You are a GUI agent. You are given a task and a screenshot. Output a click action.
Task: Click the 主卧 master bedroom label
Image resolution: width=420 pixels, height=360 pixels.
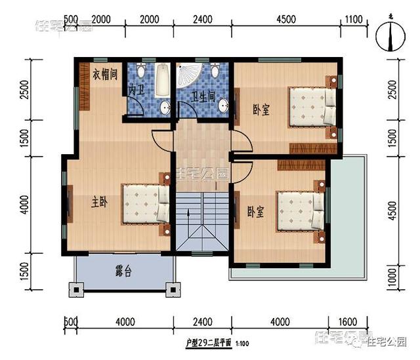99,203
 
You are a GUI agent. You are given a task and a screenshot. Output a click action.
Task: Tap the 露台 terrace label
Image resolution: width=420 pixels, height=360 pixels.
123,271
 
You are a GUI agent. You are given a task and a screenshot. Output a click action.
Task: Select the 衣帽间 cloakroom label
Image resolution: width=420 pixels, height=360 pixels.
105,73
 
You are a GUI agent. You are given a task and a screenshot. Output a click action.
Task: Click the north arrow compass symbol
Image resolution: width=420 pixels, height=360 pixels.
390,37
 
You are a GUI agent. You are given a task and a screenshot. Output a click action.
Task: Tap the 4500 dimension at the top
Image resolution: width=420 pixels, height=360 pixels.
287,19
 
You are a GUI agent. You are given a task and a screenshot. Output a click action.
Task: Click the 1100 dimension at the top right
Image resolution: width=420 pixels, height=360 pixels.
353,19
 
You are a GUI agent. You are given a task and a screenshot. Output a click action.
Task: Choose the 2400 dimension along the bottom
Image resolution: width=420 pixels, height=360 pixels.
203,322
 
